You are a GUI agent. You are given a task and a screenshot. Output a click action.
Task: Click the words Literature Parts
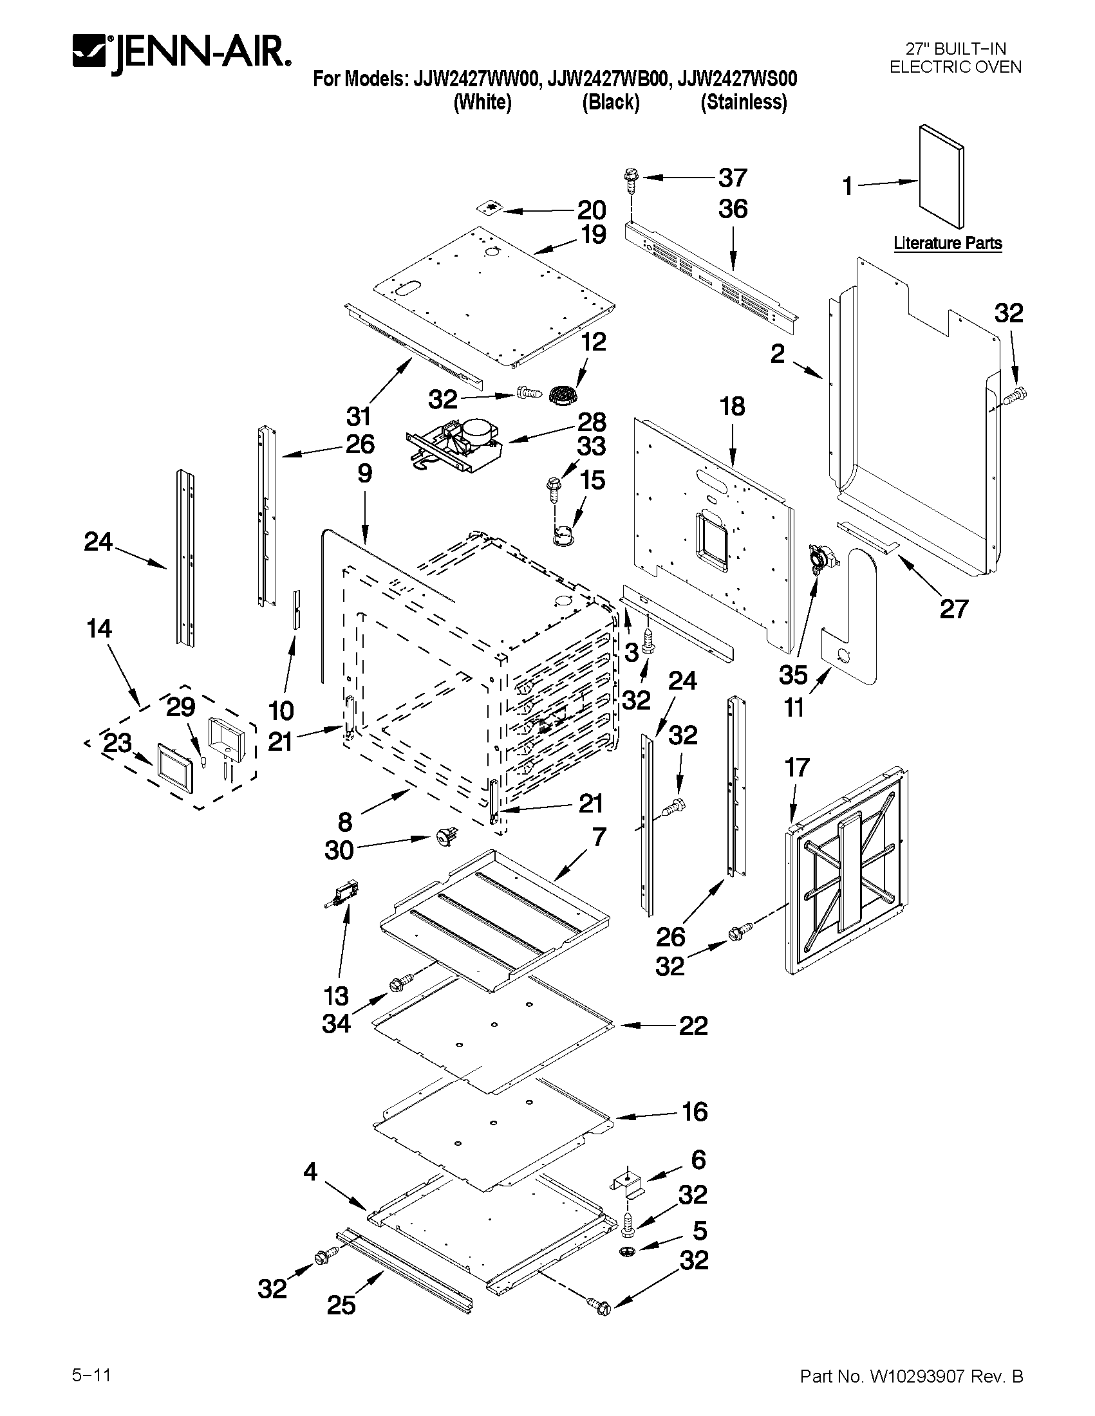pos(947,243)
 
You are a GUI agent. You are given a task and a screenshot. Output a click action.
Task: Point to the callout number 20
pos(592,210)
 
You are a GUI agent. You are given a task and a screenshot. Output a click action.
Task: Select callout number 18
pos(732,407)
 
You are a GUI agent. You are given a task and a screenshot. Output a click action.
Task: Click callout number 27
pos(953,609)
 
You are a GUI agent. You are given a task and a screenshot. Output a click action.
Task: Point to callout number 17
pos(797,768)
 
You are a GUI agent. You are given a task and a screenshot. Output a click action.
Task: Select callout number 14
pos(98,629)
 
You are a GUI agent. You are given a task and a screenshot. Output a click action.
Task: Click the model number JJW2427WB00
pos(607,79)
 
